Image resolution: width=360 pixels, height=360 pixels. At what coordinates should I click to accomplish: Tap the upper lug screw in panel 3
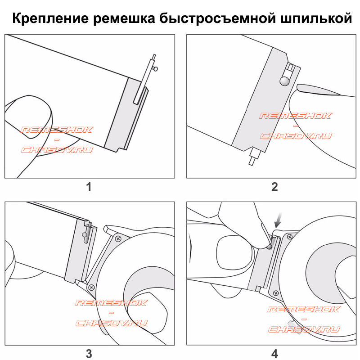point(118,239)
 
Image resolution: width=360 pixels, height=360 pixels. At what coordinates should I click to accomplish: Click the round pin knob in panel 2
point(285,81)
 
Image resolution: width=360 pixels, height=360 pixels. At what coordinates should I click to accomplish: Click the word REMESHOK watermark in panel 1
point(57,130)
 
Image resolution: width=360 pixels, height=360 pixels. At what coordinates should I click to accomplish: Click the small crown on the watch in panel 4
point(292,324)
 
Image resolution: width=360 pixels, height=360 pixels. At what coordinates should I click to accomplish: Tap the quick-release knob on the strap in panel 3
point(85,234)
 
